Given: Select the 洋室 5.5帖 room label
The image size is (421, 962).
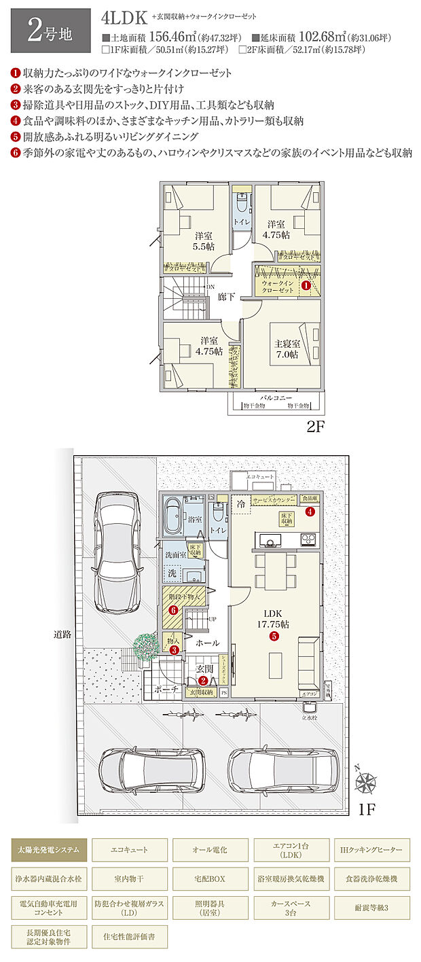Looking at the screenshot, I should pos(201,241).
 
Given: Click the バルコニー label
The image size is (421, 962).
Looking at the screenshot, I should pos(275,397).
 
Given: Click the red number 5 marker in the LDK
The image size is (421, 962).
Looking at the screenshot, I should pos(274,637).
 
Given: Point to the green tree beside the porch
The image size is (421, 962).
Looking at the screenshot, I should pos(145,644).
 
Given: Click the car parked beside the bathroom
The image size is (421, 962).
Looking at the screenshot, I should pos(118,552).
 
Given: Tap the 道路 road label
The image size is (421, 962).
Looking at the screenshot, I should pos(62,635).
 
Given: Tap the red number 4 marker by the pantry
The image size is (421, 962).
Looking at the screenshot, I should pos(310,512).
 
